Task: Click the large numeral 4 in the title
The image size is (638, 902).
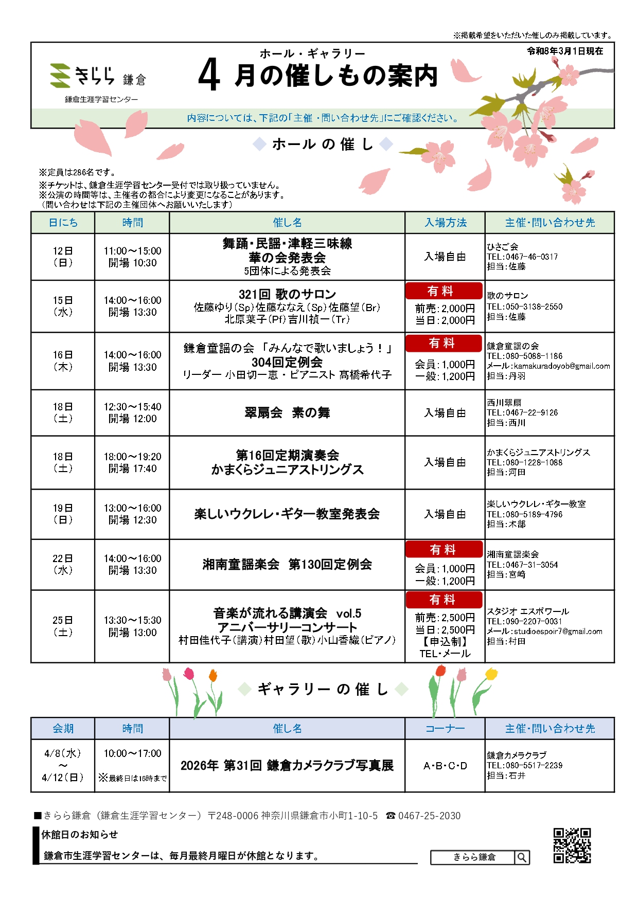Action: [209, 75]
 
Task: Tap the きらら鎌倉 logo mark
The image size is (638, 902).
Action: [60, 75]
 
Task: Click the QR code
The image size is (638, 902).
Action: [572, 845]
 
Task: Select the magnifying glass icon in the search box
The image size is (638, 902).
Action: [522, 857]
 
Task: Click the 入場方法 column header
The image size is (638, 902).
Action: [445, 223]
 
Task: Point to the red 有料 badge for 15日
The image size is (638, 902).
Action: [444, 291]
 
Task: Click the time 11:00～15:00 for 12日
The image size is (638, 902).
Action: [132, 251]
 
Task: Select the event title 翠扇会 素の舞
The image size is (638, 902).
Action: [287, 412]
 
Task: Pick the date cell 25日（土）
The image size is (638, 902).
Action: [63, 626]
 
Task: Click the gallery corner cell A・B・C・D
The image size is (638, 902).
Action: [445, 766]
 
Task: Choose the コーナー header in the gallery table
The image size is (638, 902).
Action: [445, 729]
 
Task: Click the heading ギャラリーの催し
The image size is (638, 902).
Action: [323, 689]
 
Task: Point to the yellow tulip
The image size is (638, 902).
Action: [491, 674]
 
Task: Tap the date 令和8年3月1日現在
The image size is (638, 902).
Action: [565, 51]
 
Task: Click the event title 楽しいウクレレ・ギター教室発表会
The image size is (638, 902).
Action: [287, 514]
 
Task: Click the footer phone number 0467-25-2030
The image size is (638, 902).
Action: [429, 816]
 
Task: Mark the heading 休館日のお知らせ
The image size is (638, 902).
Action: [80, 834]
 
